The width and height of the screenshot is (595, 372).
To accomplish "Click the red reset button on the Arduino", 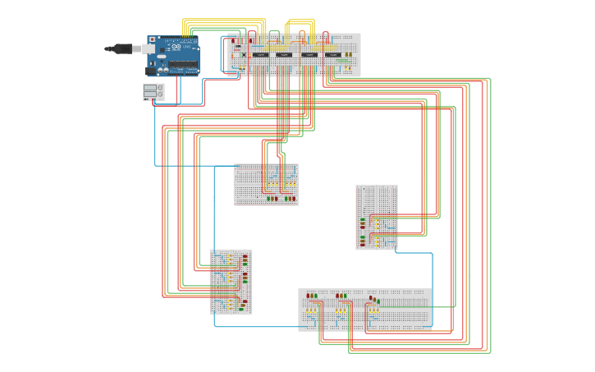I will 152,39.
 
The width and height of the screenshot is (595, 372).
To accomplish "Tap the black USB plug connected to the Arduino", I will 124,48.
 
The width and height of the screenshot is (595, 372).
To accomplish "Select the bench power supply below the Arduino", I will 153,92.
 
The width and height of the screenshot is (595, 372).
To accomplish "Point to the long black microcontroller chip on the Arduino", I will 182,62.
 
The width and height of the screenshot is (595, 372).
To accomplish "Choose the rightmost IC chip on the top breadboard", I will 332,54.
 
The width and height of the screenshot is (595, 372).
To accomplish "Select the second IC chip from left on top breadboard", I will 283,54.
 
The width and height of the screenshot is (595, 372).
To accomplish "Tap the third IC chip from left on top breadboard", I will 309,54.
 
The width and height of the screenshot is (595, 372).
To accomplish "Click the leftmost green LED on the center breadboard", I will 268,198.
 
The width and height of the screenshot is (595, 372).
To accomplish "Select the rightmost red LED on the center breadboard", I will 294,198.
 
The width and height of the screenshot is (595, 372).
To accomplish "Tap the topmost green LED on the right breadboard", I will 363,219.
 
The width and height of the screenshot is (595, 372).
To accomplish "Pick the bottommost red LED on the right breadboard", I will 363,245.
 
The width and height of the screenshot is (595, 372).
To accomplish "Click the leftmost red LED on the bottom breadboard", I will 308,296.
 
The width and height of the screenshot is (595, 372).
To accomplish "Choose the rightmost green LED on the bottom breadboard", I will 378,301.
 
